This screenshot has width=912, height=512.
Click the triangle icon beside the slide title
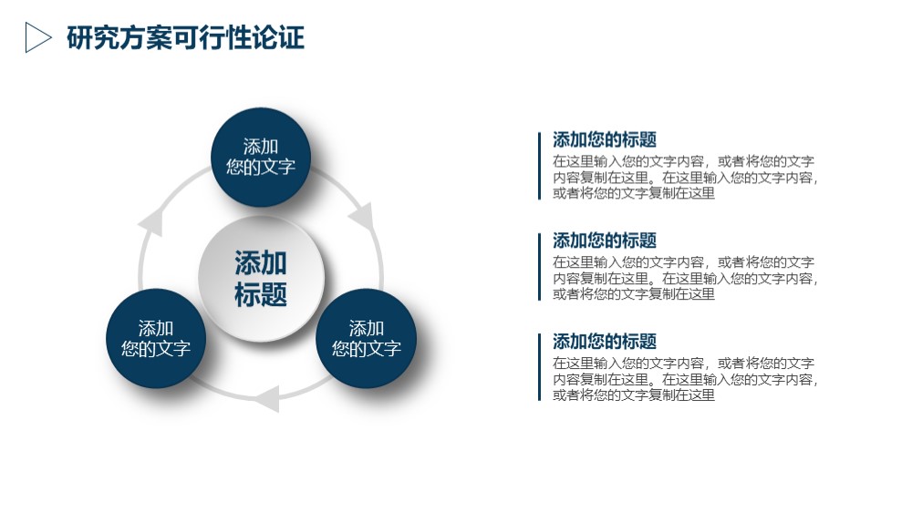pyautogui.click(x=36, y=37)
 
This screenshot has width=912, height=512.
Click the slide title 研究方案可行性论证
pyautogui.click(x=185, y=37)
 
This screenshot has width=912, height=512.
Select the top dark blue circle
pyautogui.click(x=261, y=157)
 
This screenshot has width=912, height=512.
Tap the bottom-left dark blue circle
pyautogui.click(x=156, y=338)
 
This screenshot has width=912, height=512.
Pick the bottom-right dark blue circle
pyautogui.click(x=367, y=338)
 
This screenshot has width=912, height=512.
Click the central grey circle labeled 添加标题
pyautogui.click(x=261, y=279)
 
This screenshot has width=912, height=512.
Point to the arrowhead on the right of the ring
pyautogui.click(x=363, y=217)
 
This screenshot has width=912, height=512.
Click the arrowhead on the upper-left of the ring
pyautogui.click(x=151, y=222)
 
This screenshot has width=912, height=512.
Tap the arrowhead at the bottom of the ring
pyautogui.click(x=267, y=399)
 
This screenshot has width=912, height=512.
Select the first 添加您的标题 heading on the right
pyautogui.click(x=605, y=139)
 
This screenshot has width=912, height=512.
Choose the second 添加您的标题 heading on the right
pyautogui.click(x=605, y=240)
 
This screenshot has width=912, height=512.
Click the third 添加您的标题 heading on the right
pyautogui.click(x=605, y=341)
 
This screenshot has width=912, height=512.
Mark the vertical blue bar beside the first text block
pyautogui.click(x=539, y=166)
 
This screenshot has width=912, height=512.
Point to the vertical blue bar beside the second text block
pyautogui.click(x=539, y=267)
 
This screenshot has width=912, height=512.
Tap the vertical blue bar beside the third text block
pyautogui.click(x=539, y=367)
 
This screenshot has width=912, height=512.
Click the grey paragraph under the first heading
pyautogui.click(x=685, y=178)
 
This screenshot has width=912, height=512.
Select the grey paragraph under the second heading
pyautogui.click(x=685, y=278)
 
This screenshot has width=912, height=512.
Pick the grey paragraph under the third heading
pyautogui.click(x=685, y=379)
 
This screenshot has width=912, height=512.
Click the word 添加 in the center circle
pyautogui.click(x=261, y=262)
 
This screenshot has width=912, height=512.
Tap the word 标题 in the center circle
pyautogui.click(x=261, y=294)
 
